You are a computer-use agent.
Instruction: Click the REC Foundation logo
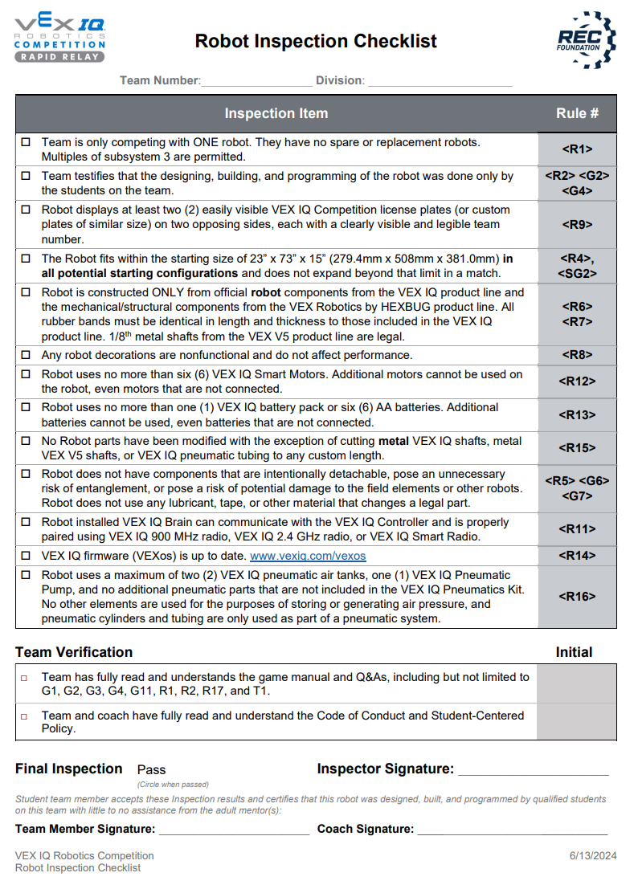[586, 40]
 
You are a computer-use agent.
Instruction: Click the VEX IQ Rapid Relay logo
[60, 39]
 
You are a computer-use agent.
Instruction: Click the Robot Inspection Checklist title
[316, 41]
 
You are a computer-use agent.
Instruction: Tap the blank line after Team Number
[256, 82]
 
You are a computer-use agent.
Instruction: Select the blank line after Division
[440, 82]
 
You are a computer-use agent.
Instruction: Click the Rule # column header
[577, 113]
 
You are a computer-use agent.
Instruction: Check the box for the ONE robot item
[26, 142]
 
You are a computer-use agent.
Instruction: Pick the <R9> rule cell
[577, 225]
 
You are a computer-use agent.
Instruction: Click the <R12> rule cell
[577, 381]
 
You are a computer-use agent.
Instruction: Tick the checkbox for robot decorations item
[26, 355]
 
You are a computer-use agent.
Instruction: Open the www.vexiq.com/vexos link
[308, 556]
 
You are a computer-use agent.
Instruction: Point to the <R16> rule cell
[577, 597]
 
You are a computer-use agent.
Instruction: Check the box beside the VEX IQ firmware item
[26, 556]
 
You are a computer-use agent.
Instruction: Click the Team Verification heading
[74, 652]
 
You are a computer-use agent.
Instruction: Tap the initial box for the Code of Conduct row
[576, 721]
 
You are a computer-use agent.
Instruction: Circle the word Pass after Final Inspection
[151, 769]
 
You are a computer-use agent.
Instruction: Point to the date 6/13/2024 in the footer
[592, 856]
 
